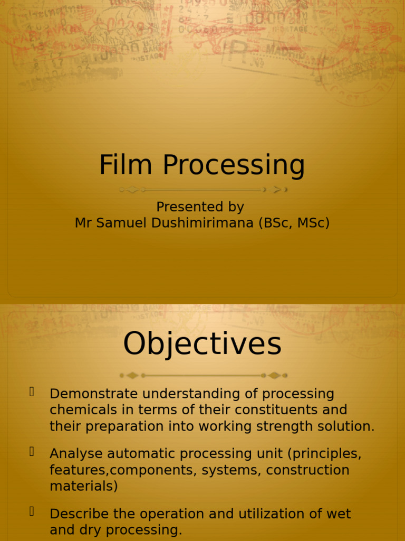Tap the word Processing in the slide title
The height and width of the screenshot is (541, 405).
[x=234, y=166]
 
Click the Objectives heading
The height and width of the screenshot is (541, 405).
[x=202, y=343]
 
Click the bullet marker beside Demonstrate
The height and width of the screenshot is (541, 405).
[x=32, y=392]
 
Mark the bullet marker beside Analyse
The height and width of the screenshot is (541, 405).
[x=32, y=452]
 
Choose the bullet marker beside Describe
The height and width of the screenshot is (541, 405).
[x=32, y=511]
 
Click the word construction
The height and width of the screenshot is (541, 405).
[x=307, y=470]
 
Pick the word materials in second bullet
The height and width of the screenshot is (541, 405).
[x=83, y=487]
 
